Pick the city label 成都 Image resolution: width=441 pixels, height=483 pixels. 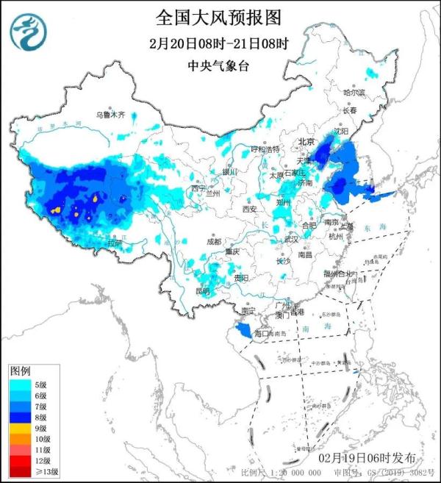tap(213, 240)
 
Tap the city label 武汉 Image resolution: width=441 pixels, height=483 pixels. tap(291, 239)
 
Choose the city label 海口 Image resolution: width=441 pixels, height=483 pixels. tap(262, 334)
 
